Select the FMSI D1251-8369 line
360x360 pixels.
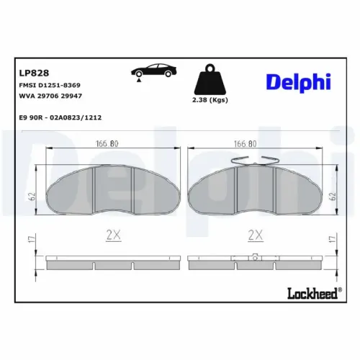pyautogui.click(x=50, y=85)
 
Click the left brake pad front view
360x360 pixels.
pyautogui.click(x=112, y=187)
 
